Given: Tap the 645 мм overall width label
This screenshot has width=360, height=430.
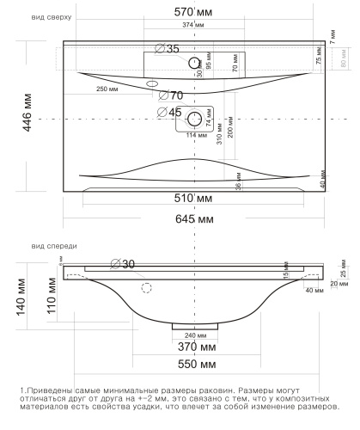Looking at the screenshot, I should point(195,220).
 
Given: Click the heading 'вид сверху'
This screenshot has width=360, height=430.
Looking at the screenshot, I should point(50,16).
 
